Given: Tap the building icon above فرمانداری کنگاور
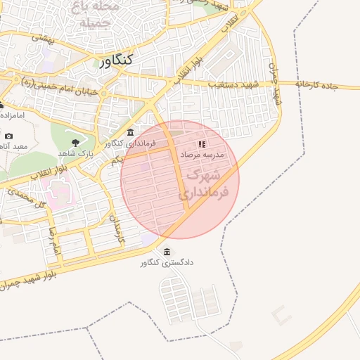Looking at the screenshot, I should click(130, 134).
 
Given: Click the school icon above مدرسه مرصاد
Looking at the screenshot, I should click(202, 143).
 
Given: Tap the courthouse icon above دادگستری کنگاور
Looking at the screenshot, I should click(167, 252).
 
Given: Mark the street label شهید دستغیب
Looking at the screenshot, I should click(233, 84).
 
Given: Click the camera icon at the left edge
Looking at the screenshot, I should click(8, 136).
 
